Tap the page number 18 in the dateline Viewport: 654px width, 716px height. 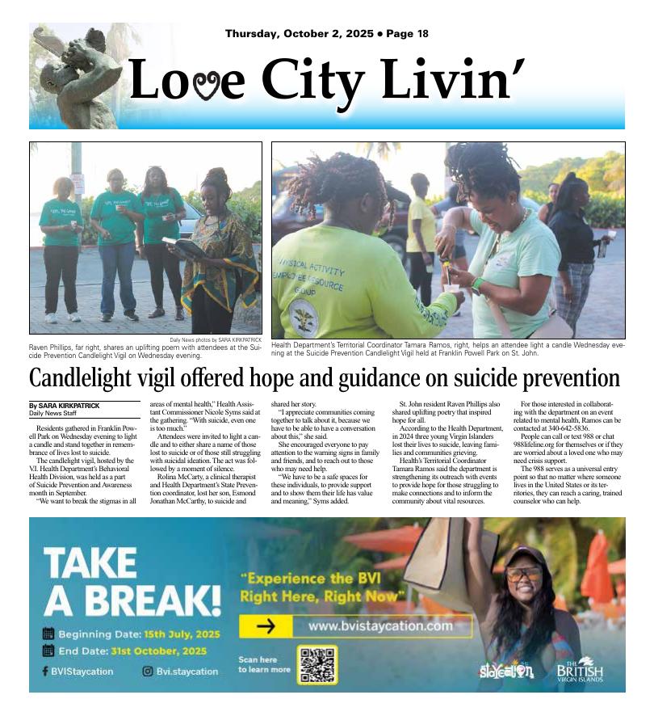click(x=421, y=34)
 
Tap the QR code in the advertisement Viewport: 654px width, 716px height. click(x=317, y=664)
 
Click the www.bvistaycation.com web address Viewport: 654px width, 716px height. click(x=380, y=625)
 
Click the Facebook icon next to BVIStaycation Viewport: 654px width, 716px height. click(x=45, y=671)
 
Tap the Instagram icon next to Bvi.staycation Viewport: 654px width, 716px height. click(x=148, y=671)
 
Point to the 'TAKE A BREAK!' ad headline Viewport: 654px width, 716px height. click(x=131, y=581)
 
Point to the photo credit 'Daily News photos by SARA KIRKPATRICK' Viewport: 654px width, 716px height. click(x=216, y=339)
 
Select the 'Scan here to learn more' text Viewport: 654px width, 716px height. click(x=263, y=664)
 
